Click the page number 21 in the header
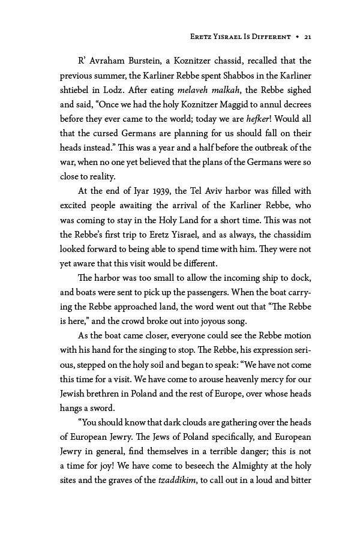tap(307, 37)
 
